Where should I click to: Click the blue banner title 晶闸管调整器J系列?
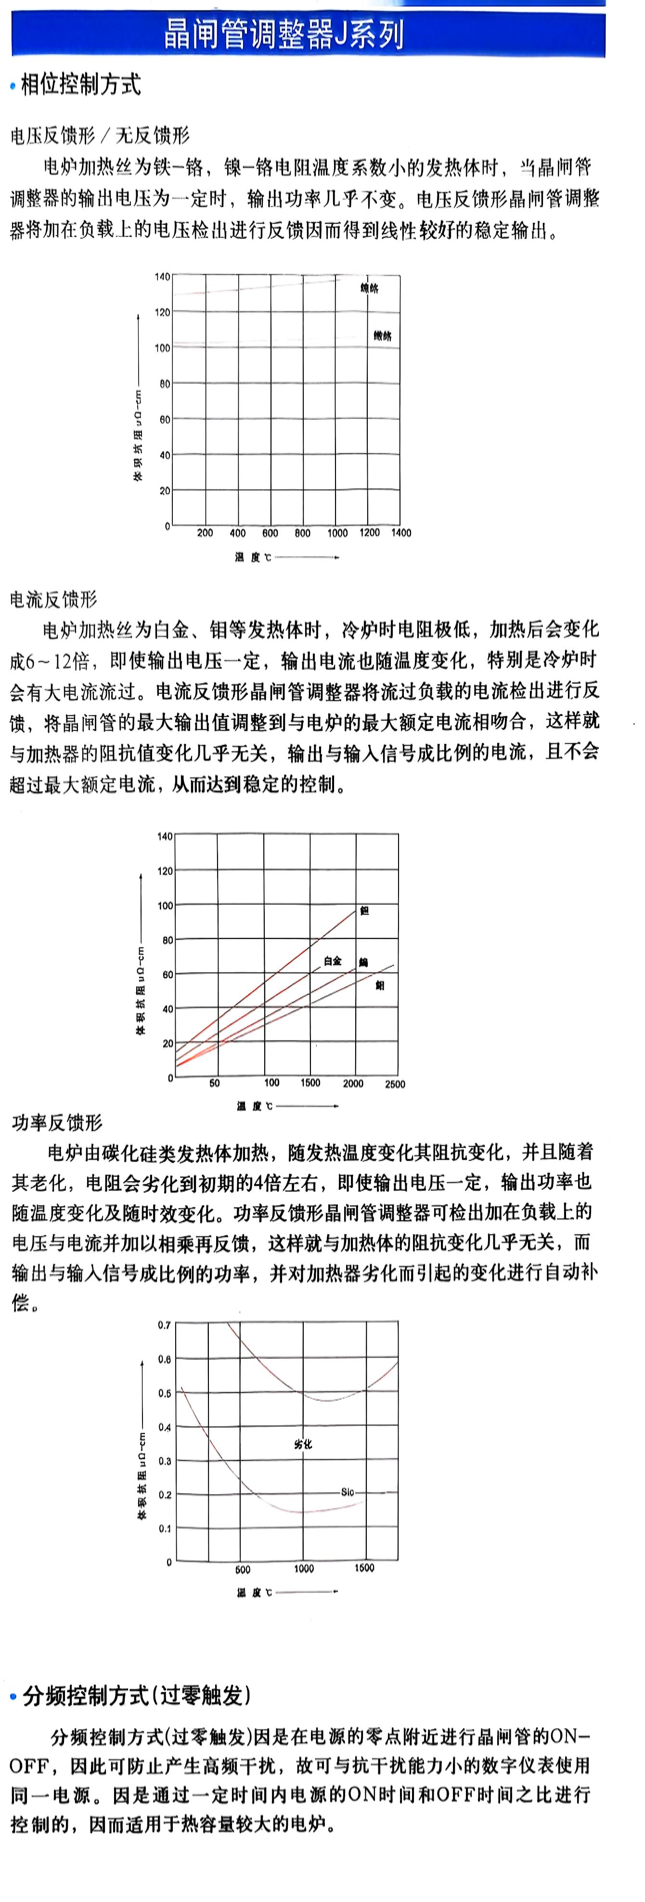pos(284,34)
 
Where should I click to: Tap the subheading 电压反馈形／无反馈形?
pos(100,135)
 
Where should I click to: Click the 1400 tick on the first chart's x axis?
pos(401,533)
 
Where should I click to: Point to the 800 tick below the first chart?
pos(302,533)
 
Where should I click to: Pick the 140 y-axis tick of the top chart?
pos(162,277)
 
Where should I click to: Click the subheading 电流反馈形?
pos(53,599)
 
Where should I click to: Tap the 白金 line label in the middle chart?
pos(333,961)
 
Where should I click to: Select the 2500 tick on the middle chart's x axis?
pos(395,1084)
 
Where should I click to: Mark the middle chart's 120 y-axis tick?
pos(164,871)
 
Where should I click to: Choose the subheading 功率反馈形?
pos(57,1123)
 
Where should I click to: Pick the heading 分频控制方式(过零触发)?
pos(137,1696)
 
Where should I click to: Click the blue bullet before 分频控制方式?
pos(13,1697)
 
